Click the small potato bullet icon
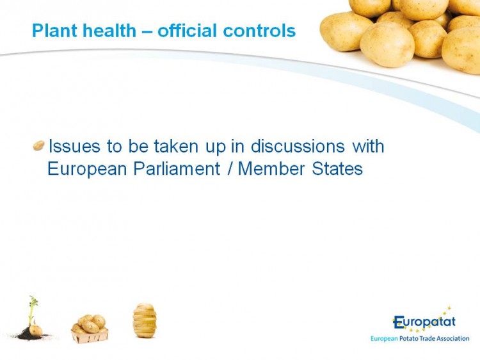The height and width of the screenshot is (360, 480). coord(39,145)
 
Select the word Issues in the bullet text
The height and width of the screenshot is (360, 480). coord(74,146)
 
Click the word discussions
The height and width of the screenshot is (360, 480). coord(298,146)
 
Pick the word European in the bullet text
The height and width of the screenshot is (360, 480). coord(87,169)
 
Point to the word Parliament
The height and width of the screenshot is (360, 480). coord(177,168)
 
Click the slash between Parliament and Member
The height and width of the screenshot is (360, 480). coord(229,169)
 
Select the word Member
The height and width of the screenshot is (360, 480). coord(271,168)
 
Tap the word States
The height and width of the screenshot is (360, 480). coord(337,168)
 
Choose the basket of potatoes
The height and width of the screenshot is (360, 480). coord(90,329)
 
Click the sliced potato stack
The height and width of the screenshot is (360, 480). coord(145,320)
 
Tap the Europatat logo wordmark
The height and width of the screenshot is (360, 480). coord(424,322)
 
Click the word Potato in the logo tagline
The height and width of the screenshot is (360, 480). coord(409,339)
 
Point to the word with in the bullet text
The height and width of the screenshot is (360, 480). coord(368,146)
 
